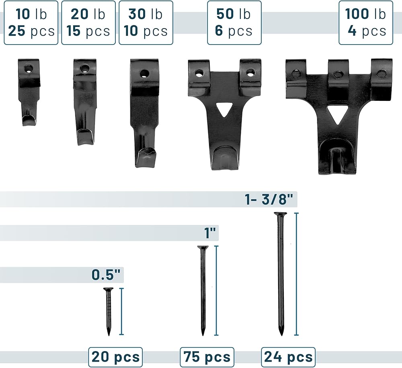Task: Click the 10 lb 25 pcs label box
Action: point(31,23)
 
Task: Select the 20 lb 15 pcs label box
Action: point(88,23)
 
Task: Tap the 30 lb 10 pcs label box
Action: point(146,23)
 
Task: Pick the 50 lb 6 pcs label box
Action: point(234,23)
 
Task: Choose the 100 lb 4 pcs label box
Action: point(366,23)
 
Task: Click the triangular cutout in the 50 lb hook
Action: point(224,109)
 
